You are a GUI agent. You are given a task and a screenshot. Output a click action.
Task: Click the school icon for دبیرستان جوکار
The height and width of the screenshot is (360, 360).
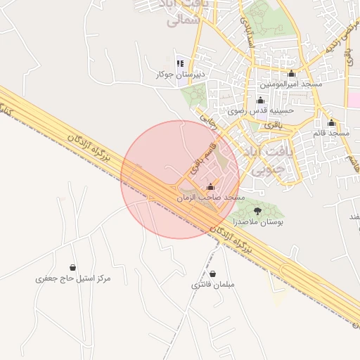180,63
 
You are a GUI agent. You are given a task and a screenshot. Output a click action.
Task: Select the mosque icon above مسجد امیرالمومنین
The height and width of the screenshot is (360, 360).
291,74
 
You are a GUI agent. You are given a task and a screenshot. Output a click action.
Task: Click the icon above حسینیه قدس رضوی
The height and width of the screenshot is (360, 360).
261,100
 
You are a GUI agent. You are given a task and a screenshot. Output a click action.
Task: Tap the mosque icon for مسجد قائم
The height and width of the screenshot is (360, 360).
331,122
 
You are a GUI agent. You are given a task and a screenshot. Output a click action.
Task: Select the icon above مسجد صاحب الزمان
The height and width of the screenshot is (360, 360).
211,187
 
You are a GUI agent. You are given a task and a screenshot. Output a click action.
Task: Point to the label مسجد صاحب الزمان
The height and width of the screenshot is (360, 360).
211,198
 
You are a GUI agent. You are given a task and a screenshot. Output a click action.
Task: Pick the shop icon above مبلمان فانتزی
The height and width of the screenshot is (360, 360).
212,274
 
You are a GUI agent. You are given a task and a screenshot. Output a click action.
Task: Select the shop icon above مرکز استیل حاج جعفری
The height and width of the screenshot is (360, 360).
73,267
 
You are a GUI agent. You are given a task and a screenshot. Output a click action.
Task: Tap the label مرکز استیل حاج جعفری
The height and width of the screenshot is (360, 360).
73,278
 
